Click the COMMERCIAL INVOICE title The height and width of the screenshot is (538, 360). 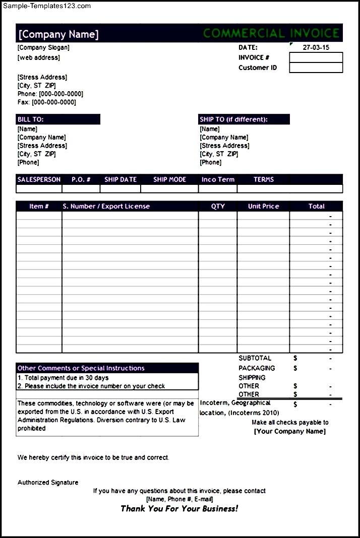point(271,34)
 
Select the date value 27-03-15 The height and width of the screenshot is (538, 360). point(316,47)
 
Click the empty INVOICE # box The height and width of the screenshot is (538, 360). point(316,57)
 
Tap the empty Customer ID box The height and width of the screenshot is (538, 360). point(316,68)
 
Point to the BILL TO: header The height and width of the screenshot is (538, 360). point(31,119)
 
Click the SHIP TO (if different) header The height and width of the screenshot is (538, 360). point(233,119)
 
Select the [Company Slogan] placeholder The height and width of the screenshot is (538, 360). point(43,47)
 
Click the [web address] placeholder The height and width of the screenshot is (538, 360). point(38,57)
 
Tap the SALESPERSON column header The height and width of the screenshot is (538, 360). point(39,179)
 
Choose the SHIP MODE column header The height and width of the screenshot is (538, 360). point(169,179)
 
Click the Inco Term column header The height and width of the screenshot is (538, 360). point(218,179)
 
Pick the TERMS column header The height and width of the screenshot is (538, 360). point(263,179)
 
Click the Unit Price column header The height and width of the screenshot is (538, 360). point(263,206)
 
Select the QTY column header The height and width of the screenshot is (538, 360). point(218,206)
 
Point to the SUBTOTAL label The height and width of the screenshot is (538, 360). point(255,358)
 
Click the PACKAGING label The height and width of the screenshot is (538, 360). point(257,368)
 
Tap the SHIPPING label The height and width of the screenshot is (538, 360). point(252,377)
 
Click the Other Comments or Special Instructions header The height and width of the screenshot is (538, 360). point(81,368)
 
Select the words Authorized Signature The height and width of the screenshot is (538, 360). point(48,483)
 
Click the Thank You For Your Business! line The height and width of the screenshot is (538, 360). point(179,508)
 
